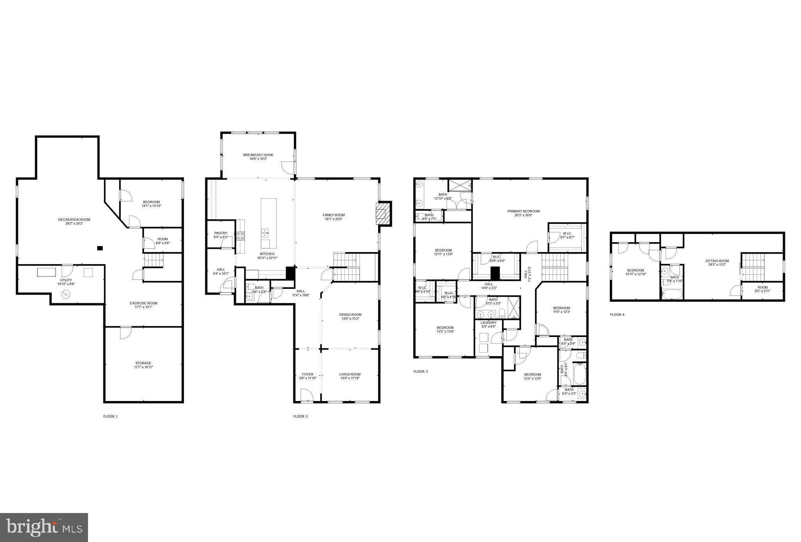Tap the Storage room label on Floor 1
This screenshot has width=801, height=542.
pyautogui.click(x=143, y=363)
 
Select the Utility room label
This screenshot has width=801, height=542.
pyautogui.click(x=66, y=280)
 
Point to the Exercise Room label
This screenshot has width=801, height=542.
pyautogui.click(x=144, y=303)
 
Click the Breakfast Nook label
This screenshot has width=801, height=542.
pyautogui.click(x=258, y=155)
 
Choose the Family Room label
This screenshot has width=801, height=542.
pyautogui.click(x=334, y=215)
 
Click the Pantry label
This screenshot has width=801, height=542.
pyautogui.click(x=221, y=233)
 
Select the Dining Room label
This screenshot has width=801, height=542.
pyautogui.click(x=350, y=314)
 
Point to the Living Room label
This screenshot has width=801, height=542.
pyautogui.click(x=350, y=374)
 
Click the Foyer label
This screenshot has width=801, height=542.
pyautogui.click(x=307, y=374)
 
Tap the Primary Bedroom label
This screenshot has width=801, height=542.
pyautogui.click(x=523, y=211)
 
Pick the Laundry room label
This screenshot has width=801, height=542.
pyautogui.click(x=489, y=322)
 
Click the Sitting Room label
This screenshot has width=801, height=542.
pyautogui.click(x=717, y=261)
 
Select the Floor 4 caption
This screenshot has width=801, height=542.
pyautogui.click(x=617, y=314)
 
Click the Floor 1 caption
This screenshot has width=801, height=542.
pyautogui.click(x=110, y=416)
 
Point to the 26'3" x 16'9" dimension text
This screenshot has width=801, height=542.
pyautogui.click(x=523, y=215)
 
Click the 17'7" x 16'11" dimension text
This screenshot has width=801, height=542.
pyautogui.click(x=143, y=367)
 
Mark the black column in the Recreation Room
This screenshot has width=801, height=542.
pyautogui.click(x=100, y=248)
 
